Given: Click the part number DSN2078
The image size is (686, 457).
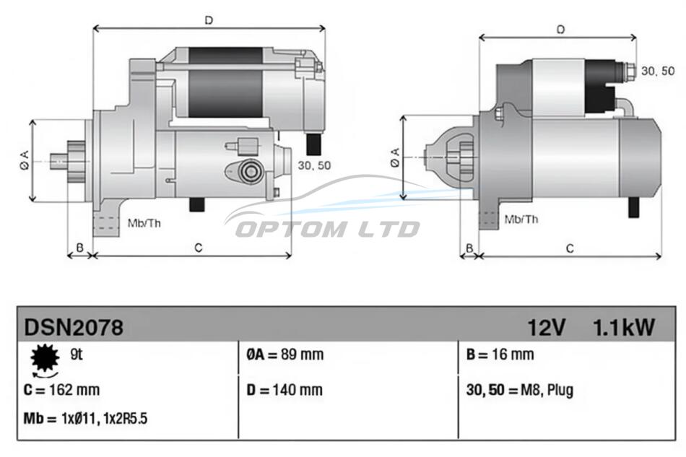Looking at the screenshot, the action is [x=74, y=327].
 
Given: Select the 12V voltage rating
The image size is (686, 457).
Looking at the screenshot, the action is [x=547, y=328].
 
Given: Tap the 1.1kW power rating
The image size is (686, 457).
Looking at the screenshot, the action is [x=623, y=328].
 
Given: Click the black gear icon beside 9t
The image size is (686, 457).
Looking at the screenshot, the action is [x=45, y=358].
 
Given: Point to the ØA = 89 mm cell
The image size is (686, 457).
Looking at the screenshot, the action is [x=285, y=354].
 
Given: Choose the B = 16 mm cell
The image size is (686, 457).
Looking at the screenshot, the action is [x=500, y=354].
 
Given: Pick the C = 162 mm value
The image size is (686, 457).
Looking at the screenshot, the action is [x=61, y=390].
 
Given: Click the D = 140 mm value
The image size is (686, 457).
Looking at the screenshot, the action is [x=285, y=390].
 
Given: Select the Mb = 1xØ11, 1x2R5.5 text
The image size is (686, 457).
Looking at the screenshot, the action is [x=85, y=419].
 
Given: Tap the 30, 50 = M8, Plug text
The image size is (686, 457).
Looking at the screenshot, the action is [x=520, y=390].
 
